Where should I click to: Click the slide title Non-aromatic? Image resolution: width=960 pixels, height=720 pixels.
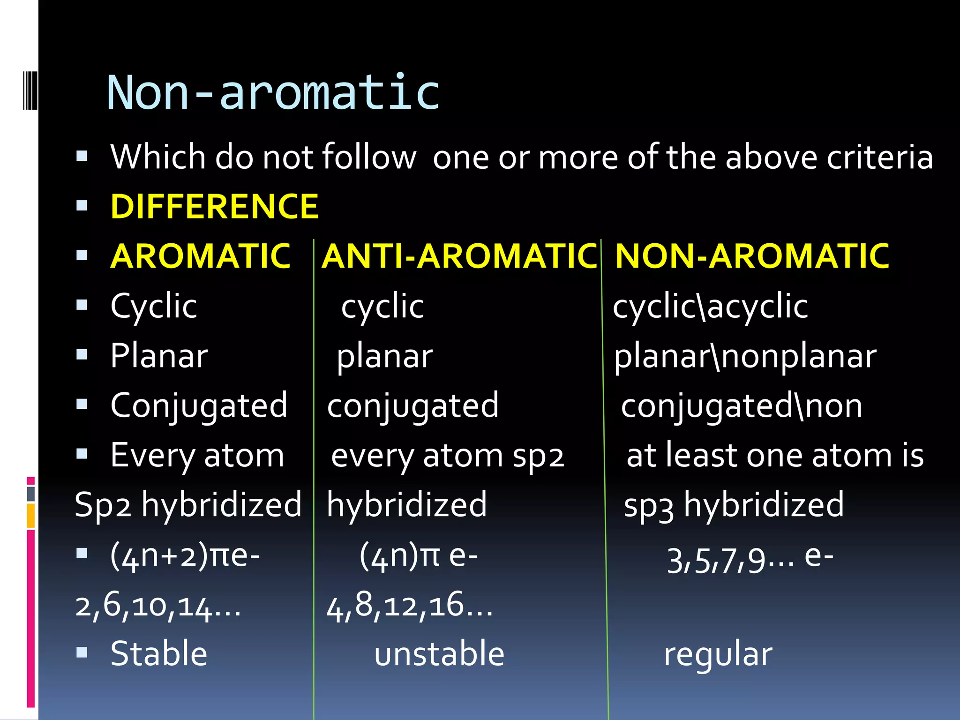point(273,92)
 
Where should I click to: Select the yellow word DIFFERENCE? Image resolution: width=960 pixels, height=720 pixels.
point(214,207)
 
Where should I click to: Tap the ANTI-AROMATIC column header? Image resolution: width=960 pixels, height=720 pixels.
point(459,256)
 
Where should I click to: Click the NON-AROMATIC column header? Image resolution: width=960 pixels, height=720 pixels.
point(752,256)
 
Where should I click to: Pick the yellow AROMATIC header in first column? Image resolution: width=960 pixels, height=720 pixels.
point(201,256)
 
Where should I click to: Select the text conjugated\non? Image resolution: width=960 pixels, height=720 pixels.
point(741,406)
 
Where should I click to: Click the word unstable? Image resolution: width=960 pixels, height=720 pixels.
point(439,654)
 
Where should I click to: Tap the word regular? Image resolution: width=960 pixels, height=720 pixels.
point(718,654)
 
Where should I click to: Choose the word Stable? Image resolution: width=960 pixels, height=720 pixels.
point(158,654)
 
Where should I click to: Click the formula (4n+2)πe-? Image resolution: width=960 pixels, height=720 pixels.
point(185,557)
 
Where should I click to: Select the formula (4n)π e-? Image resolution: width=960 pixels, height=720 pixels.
point(418,557)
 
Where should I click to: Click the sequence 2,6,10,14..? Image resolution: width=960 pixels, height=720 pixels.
point(157,606)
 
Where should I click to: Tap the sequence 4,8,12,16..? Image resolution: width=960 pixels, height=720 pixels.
point(409,606)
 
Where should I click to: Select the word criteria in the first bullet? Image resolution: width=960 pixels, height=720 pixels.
point(879,157)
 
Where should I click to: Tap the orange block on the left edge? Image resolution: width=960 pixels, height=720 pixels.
point(31,516)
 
